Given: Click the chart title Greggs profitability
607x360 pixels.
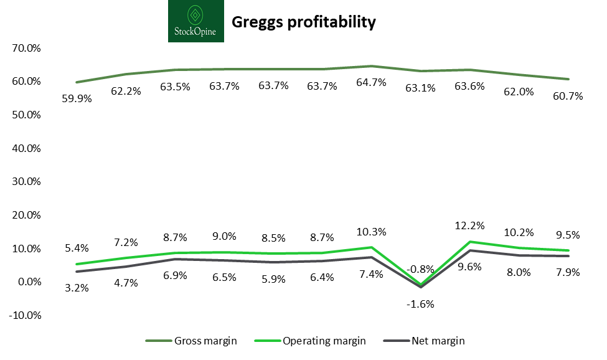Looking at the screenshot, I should point(304,22).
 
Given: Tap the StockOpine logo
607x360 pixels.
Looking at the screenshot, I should point(196,21).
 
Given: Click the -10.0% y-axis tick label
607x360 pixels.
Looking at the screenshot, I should point(24,315).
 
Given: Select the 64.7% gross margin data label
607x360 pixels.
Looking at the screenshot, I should point(371,82).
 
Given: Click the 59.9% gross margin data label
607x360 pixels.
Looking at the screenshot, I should point(77,98).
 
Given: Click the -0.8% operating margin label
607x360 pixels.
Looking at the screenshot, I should point(420,269).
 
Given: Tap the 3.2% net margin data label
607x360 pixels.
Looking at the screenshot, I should point(77,288).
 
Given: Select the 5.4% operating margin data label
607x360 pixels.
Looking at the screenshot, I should point(77,248).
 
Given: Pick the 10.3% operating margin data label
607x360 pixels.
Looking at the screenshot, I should point(371,232).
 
